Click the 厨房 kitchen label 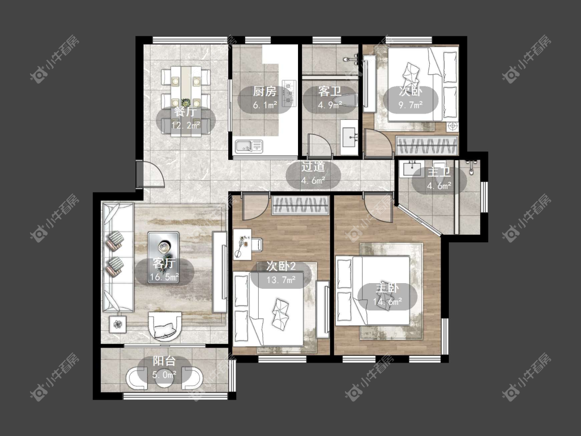coord(264,91)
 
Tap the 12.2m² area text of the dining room coord(185,126)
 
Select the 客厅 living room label coord(164,263)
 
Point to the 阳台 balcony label coord(164,361)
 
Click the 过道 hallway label coord(313,166)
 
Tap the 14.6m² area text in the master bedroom coord(387,302)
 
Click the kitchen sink coord(248,146)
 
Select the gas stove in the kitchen coord(289,93)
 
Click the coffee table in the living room coord(163,258)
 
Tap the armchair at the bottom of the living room coord(165,326)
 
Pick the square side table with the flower coord(118,324)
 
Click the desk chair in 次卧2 coord(258,244)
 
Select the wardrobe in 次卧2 coord(301,206)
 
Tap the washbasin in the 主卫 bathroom coord(412,169)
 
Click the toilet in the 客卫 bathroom coord(343,100)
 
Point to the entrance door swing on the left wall coord(150,174)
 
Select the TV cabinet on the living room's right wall coord(219,272)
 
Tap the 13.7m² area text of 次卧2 coord(281,279)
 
